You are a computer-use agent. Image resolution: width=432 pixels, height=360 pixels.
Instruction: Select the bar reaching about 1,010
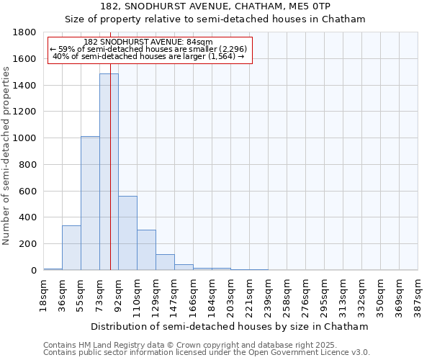[90, 203]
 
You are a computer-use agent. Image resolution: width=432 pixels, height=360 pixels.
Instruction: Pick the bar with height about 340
[71, 248]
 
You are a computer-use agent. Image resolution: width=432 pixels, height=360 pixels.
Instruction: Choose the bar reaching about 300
[146, 250]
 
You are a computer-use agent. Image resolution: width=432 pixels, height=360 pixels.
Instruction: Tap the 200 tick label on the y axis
[29, 244]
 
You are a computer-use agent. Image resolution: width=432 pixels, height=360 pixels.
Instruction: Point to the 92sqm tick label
[118, 293]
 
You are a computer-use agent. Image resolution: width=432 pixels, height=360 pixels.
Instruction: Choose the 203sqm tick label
[230, 294]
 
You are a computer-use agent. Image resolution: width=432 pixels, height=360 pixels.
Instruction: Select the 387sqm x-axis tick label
[418, 294]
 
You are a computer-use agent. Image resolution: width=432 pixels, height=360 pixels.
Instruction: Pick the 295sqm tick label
[324, 294]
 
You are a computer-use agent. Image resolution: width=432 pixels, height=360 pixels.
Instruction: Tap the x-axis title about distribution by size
[230, 326]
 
